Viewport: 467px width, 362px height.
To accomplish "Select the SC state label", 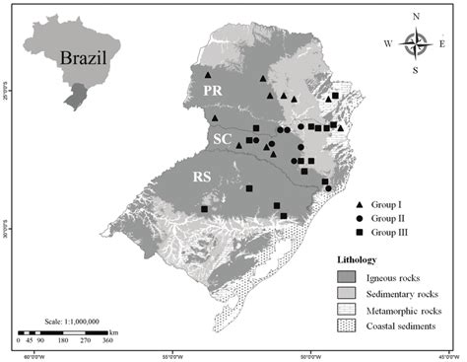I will [223, 140].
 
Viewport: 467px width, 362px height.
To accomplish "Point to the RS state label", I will [200, 178].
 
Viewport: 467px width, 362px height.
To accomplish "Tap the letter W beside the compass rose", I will [388, 43].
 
